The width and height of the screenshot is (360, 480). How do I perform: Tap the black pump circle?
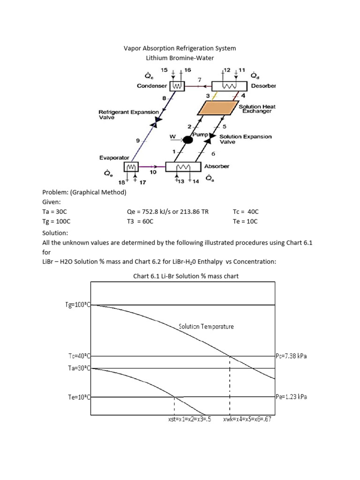pyautogui.click(x=188, y=139)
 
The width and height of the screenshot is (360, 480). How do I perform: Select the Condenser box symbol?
pyautogui.click(x=177, y=86)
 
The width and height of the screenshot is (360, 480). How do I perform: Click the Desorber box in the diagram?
pyautogui.click(x=229, y=86)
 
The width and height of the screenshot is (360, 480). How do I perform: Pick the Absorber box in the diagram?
pyautogui.click(x=183, y=167)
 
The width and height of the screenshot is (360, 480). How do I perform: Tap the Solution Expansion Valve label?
pyautogui.click(x=245, y=139)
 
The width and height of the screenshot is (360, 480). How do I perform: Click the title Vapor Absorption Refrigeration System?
pyautogui.click(x=180, y=48)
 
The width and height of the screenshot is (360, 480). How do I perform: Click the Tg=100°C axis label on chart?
pyautogui.click(x=77, y=305)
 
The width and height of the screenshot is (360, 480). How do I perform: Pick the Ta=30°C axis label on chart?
pyautogui.click(x=78, y=368)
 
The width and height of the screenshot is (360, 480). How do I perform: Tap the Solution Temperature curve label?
pyautogui.click(x=206, y=326)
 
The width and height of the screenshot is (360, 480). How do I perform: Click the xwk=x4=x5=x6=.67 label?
pyautogui.click(x=247, y=419)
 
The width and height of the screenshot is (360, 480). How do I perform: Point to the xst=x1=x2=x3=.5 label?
pyautogui.click(x=189, y=419)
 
